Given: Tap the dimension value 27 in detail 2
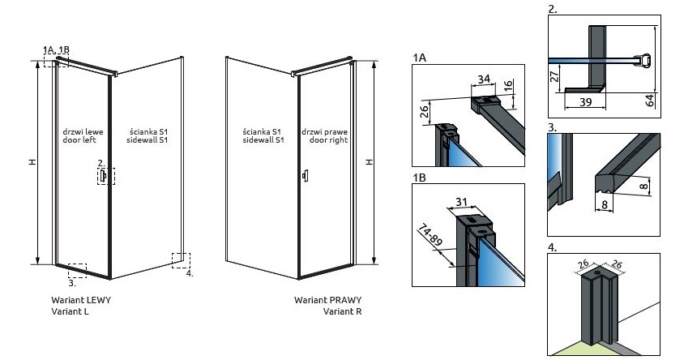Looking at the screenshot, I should (554, 79).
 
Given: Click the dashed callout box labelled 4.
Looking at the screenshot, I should (182, 260).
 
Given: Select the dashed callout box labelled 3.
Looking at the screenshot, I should (78, 270).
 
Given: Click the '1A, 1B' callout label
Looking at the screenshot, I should (57, 50).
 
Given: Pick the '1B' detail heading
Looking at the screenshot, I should (419, 177).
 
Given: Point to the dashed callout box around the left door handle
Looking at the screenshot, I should (106, 176).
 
